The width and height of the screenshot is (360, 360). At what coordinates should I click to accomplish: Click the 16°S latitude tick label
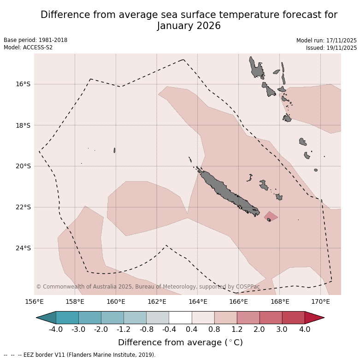23,84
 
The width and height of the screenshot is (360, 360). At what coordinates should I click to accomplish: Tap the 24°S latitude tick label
23,248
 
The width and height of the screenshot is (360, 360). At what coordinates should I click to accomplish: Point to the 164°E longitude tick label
197,302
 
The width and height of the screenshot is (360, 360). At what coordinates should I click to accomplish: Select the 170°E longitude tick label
320,302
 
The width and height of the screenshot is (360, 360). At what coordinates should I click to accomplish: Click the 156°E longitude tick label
34,302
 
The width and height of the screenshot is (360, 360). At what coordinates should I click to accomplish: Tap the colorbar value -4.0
56,330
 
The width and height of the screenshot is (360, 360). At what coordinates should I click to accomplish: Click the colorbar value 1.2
237,330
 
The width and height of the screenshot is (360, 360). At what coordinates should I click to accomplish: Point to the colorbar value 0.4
192,330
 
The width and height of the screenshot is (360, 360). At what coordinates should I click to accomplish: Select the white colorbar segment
180,318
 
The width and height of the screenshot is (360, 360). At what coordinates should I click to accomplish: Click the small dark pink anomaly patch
271,216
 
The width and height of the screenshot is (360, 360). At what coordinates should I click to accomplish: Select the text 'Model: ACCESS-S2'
28,47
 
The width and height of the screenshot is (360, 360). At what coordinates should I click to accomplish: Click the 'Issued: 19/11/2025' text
331,47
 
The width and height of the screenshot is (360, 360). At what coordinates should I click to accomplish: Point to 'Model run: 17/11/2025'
326,41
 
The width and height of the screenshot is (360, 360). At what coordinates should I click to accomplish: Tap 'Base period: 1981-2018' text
35,40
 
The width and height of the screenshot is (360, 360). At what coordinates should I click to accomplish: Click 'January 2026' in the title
189,26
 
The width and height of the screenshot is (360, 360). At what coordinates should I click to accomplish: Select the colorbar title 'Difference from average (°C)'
180,342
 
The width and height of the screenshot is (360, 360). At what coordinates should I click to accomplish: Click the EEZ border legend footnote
80,355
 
